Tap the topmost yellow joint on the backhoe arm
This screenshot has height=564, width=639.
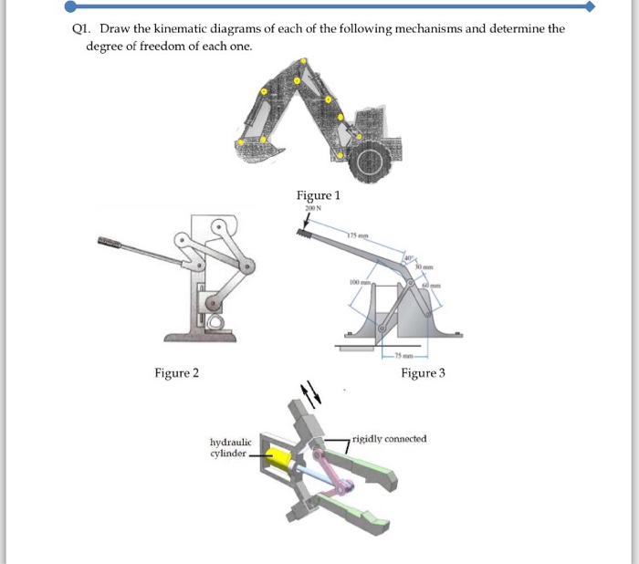[x=301, y=60]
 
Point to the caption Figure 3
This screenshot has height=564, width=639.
[x=423, y=372]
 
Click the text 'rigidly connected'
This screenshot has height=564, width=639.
[x=390, y=439]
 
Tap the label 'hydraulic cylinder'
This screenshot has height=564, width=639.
[x=228, y=447]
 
